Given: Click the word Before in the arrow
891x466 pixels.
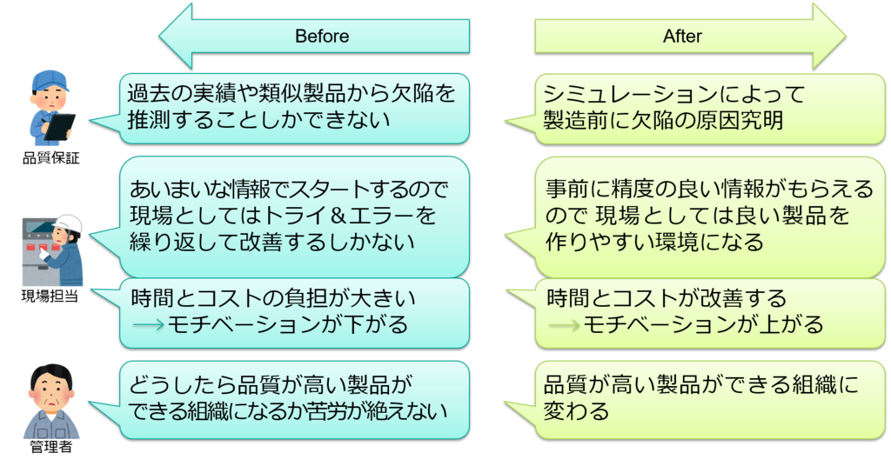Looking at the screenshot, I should click(x=322, y=37).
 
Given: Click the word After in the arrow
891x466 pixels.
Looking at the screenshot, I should click(x=682, y=37).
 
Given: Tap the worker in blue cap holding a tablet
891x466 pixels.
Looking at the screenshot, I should click(x=50, y=109).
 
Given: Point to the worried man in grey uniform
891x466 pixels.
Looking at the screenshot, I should click(x=50, y=402).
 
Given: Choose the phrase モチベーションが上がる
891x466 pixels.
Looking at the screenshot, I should click(x=701, y=325).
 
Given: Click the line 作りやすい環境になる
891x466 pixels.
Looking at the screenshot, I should click(x=654, y=242).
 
